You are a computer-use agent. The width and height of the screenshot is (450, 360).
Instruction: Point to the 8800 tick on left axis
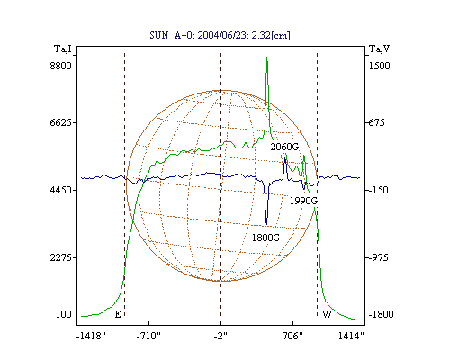point(61,66)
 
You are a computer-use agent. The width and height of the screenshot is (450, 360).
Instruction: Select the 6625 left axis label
point(61,122)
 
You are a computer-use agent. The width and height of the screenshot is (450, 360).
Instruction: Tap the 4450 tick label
point(61,190)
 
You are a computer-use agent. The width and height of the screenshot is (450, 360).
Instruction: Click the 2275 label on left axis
point(61,257)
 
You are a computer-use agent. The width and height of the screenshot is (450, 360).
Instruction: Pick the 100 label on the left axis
point(64,314)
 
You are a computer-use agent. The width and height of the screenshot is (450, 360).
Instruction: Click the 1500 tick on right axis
point(380,66)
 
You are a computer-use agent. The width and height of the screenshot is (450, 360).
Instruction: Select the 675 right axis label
point(376,122)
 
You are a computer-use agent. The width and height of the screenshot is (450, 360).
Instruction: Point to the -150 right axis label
point(378,190)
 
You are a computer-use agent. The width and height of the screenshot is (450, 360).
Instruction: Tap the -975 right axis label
point(378,257)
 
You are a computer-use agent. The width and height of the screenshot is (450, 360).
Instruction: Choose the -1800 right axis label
point(381,314)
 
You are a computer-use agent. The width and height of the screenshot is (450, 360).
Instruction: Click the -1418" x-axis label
point(91,336)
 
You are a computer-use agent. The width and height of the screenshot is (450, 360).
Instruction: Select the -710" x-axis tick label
point(148,336)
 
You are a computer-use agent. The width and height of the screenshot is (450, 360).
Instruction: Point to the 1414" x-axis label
point(351,336)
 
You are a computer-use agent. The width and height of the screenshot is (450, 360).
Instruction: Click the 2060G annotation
point(284,147)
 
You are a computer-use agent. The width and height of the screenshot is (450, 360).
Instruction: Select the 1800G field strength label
point(265,238)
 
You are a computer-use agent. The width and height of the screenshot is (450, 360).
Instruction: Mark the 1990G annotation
point(303,201)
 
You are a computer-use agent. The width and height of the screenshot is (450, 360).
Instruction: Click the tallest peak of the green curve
point(266,58)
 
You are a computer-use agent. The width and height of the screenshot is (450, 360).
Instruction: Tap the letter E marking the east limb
point(118,314)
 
